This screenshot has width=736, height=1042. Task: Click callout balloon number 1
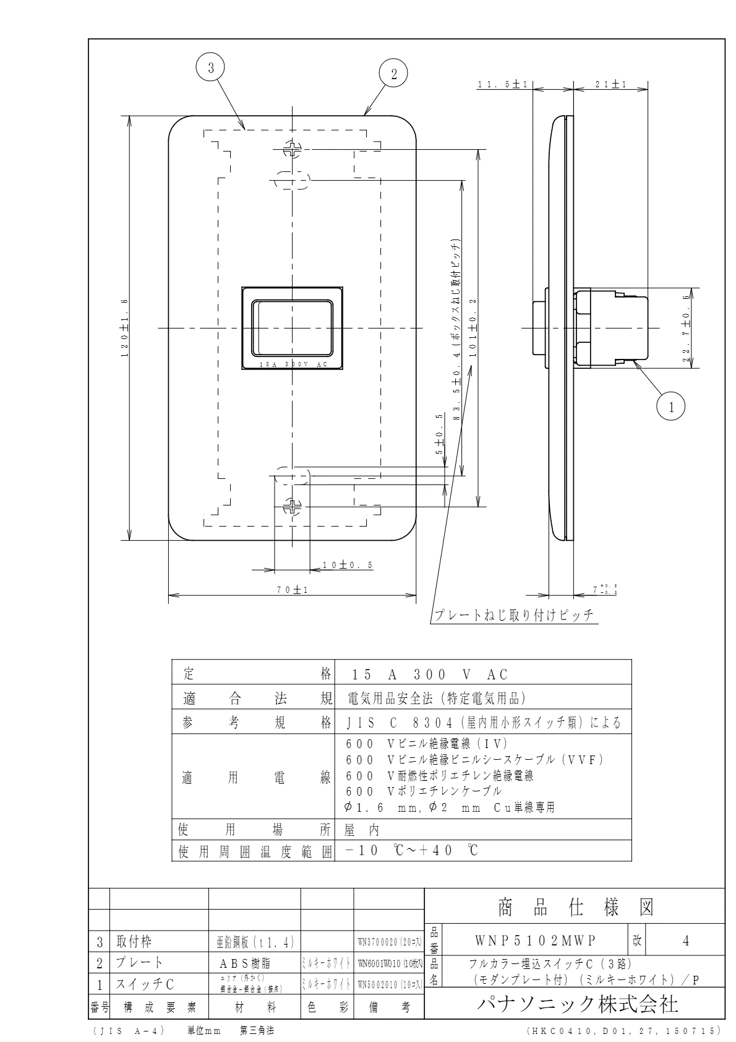(671, 407)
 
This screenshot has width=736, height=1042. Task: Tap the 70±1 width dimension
(293, 590)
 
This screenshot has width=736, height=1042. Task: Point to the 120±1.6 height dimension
(124, 328)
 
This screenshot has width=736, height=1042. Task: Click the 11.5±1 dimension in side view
(502, 85)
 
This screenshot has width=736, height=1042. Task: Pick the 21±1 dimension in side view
(611, 85)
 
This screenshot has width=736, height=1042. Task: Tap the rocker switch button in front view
(291, 326)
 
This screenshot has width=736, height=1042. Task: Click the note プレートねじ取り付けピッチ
(513, 615)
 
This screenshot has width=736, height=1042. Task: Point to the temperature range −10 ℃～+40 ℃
(411, 851)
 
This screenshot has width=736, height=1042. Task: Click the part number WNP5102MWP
(535, 941)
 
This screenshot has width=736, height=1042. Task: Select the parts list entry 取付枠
(134, 942)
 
